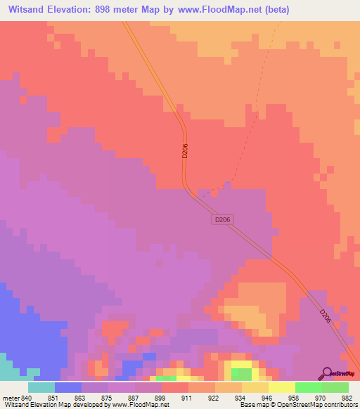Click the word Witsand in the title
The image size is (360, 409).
click(x=30, y=10)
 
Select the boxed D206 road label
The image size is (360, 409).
click(x=222, y=220)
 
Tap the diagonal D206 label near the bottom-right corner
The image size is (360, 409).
click(x=325, y=316)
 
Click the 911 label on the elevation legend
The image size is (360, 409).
click(x=188, y=397)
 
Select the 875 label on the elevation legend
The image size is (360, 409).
click(x=108, y=397)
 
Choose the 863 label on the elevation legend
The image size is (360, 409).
click(x=81, y=397)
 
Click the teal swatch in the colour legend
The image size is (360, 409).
click(x=41, y=387)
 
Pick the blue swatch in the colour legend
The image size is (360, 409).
click(x=68, y=387)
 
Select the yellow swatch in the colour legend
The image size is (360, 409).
click(x=282, y=387)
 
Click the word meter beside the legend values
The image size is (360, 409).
click(x=10, y=397)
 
